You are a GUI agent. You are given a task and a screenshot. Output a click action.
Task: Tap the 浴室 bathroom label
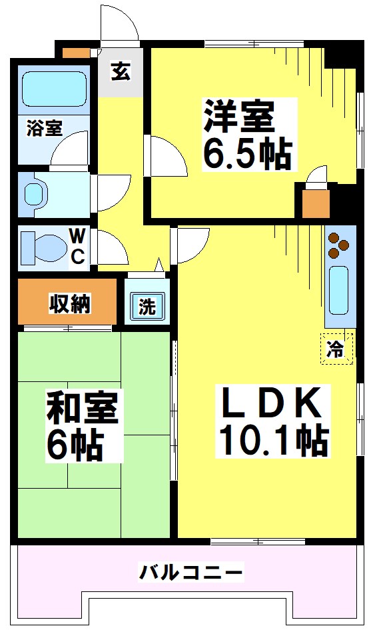point(45,127)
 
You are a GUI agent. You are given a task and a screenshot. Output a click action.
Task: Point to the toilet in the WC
point(42,247)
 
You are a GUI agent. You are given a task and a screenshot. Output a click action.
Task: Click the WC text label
point(78,247)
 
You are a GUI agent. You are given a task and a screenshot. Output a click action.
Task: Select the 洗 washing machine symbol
point(147,307)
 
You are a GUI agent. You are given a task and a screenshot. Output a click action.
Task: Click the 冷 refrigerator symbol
point(337,348)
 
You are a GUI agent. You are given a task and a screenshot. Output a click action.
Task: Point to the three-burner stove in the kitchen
point(339,244)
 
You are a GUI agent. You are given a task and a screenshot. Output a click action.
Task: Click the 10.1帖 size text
point(274,439)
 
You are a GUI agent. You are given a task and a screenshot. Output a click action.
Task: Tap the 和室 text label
point(81,409)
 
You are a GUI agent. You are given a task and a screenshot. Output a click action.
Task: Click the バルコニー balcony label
point(191,571)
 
